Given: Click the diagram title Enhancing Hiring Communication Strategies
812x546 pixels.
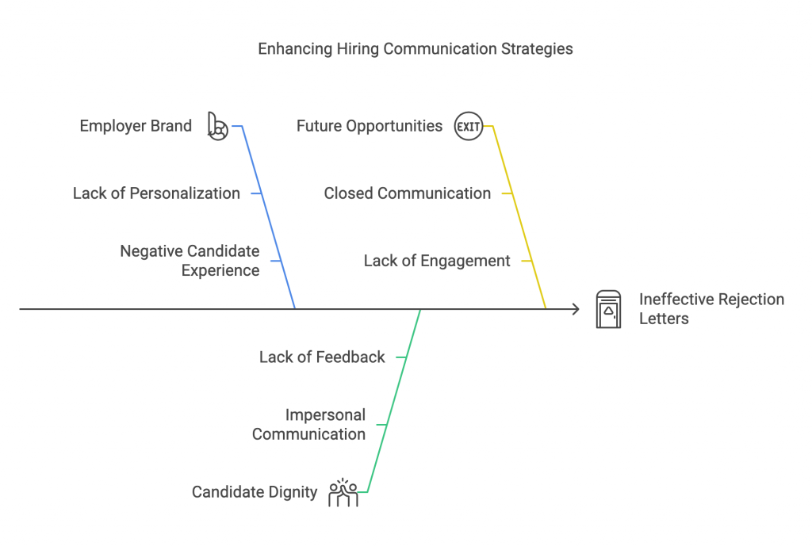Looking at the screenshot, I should pos(416,49).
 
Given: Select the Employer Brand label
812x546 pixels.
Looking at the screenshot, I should pos(136,126).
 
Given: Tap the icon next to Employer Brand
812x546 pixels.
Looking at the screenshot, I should pos(217,126).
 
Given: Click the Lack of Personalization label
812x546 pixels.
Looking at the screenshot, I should pos(156,193).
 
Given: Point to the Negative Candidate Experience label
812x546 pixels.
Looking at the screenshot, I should pos(190,261).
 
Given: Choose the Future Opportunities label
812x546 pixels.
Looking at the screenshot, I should pos(370,126).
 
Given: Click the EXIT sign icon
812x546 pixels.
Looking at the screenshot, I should pos(469,126).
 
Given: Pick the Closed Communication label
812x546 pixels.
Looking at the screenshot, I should pos(408,193).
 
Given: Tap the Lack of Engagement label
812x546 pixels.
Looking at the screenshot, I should pos(437,261).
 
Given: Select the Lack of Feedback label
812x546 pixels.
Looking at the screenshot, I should pos(322,357).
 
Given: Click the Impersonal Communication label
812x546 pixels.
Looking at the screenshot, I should pos(309,425).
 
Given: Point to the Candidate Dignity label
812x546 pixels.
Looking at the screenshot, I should pos(255,492).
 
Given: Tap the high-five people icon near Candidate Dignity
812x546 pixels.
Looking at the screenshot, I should pos(343,492).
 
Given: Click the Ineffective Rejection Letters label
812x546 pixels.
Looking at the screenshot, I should pos(711,309).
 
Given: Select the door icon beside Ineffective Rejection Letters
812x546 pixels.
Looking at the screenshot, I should pos(609,309).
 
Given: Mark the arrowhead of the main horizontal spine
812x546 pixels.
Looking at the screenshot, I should pos(576,309).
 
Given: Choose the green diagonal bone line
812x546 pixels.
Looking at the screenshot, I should pos(394,400).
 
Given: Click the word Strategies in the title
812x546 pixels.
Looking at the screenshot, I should pos(536,49).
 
